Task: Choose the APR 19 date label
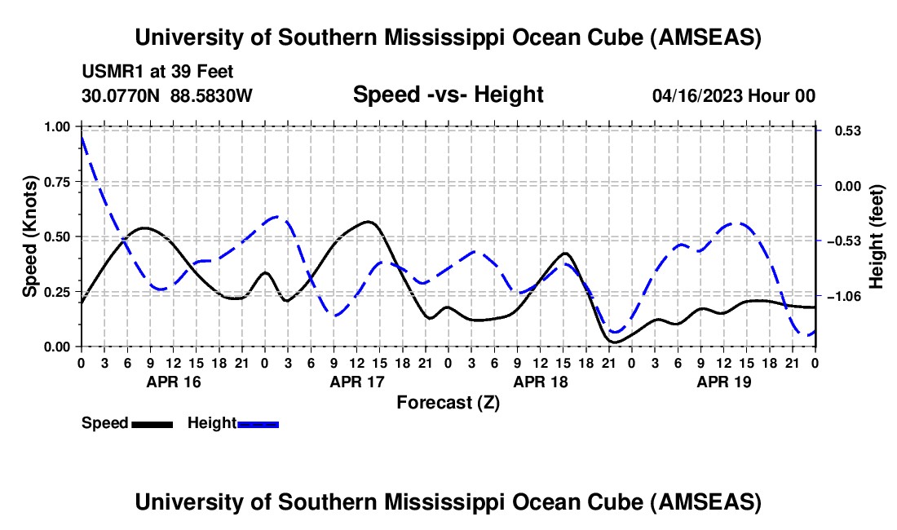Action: coord(723,382)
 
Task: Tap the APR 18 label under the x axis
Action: coord(540,382)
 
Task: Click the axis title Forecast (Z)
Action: coord(448,402)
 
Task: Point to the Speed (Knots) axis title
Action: coord(30,236)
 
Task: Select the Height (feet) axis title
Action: coord(877,236)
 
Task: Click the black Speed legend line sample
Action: coord(152,424)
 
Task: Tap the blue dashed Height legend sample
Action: coord(258,424)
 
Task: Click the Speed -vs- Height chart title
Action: coord(448,95)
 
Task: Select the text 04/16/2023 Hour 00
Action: coord(733,96)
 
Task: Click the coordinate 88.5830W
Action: coord(212,96)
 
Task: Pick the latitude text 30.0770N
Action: coord(122,96)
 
